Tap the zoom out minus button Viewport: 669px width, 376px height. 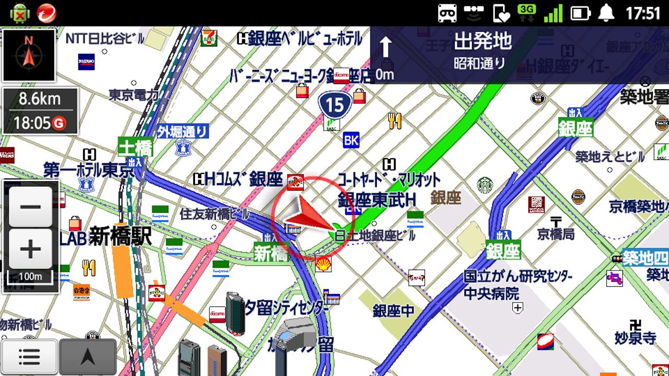pos(30,206)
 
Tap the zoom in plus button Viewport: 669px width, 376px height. pos(30,249)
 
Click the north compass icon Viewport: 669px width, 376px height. pos(29,55)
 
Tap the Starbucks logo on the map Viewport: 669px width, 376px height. pos(485,185)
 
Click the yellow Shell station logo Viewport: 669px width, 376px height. pos(323,264)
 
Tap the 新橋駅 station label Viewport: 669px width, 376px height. pos(120,237)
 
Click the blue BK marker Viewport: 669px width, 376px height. pos(351,140)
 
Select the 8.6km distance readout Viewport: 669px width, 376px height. pos(40,99)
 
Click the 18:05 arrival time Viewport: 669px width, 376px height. pos(32,123)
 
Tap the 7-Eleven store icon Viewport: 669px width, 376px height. pos(209,38)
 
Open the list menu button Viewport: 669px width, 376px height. pos(29,357)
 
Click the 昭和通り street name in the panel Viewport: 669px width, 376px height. pos(480,64)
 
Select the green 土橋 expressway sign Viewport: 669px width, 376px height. pos(135,147)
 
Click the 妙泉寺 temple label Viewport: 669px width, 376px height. pos(635,338)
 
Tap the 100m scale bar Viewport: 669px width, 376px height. pos(30,275)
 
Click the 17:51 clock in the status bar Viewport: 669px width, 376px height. pos(643,13)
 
